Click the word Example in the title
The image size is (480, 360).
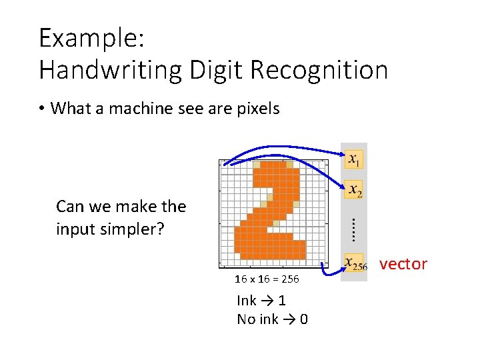(x=90, y=39)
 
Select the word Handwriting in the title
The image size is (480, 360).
(x=111, y=70)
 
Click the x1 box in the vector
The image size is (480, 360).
(x=354, y=160)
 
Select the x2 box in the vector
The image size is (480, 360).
(x=354, y=191)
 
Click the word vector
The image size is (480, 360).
(x=403, y=264)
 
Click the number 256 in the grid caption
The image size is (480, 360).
(x=289, y=279)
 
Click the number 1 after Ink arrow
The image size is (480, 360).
(x=282, y=301)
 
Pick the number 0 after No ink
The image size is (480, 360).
(x=304, y=319)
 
